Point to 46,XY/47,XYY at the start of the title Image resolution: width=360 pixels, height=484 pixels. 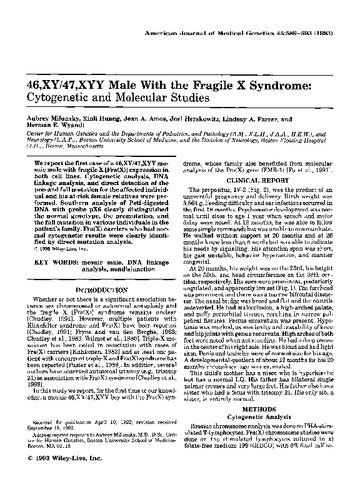pyautogui.click(x=58, y=85)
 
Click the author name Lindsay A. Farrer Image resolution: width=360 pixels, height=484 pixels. pyautogui.click(x=275, y=118)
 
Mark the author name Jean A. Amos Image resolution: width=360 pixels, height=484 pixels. pyautogui.click(x=153, y=118)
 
